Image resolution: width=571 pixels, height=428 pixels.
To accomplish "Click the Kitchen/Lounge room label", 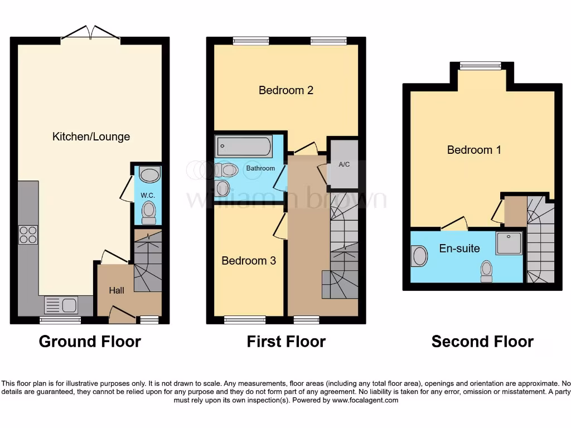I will [x=91, y=137].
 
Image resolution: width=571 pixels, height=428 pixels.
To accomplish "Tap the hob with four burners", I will [x=28, y=235].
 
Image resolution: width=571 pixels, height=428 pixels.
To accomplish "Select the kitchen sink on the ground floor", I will [x=61, y=305].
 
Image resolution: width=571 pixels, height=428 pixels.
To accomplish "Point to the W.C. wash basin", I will [x=148, y=175].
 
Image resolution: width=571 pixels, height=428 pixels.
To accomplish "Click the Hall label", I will [x=117, y=290].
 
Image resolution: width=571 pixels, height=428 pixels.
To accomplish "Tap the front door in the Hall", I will [x=122, y=315].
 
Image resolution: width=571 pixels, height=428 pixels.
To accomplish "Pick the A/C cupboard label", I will [x=343, y=164].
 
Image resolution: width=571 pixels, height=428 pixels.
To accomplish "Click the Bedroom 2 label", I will [x=286, y=90].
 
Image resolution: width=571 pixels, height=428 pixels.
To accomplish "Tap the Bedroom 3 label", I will [x=249, y=261].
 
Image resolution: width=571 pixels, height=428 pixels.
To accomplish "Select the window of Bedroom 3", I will [x=245, y=320].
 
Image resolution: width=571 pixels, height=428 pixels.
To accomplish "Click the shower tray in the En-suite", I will [x=509, y=243].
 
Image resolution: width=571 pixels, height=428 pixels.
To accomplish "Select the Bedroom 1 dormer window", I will [x=480, y=66].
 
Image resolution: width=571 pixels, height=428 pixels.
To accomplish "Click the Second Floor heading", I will [x=482, y=342].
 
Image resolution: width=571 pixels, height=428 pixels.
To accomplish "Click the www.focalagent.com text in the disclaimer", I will [x=366, y=400].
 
